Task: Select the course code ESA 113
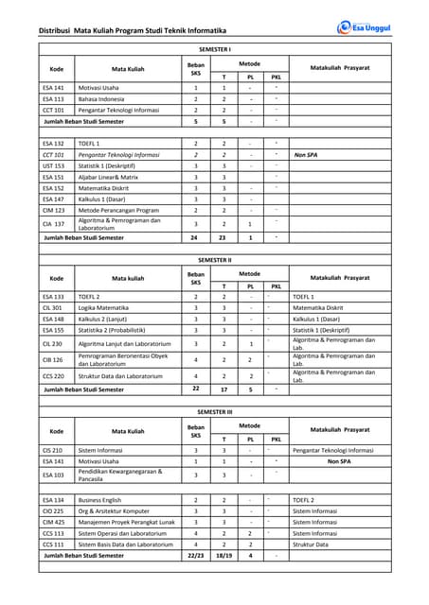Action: tap(53, 98)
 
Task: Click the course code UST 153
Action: tap(53, 165)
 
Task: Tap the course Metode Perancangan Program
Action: tap(118, 210)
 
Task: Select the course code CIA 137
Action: tap(54, 224)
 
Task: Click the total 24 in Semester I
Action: tap(196, 238)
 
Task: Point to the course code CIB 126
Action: tap(52, 359)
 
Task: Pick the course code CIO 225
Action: tap(53, 510)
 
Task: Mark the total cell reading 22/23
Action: tap(196, 556)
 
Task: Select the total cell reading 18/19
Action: tap(223, 556)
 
